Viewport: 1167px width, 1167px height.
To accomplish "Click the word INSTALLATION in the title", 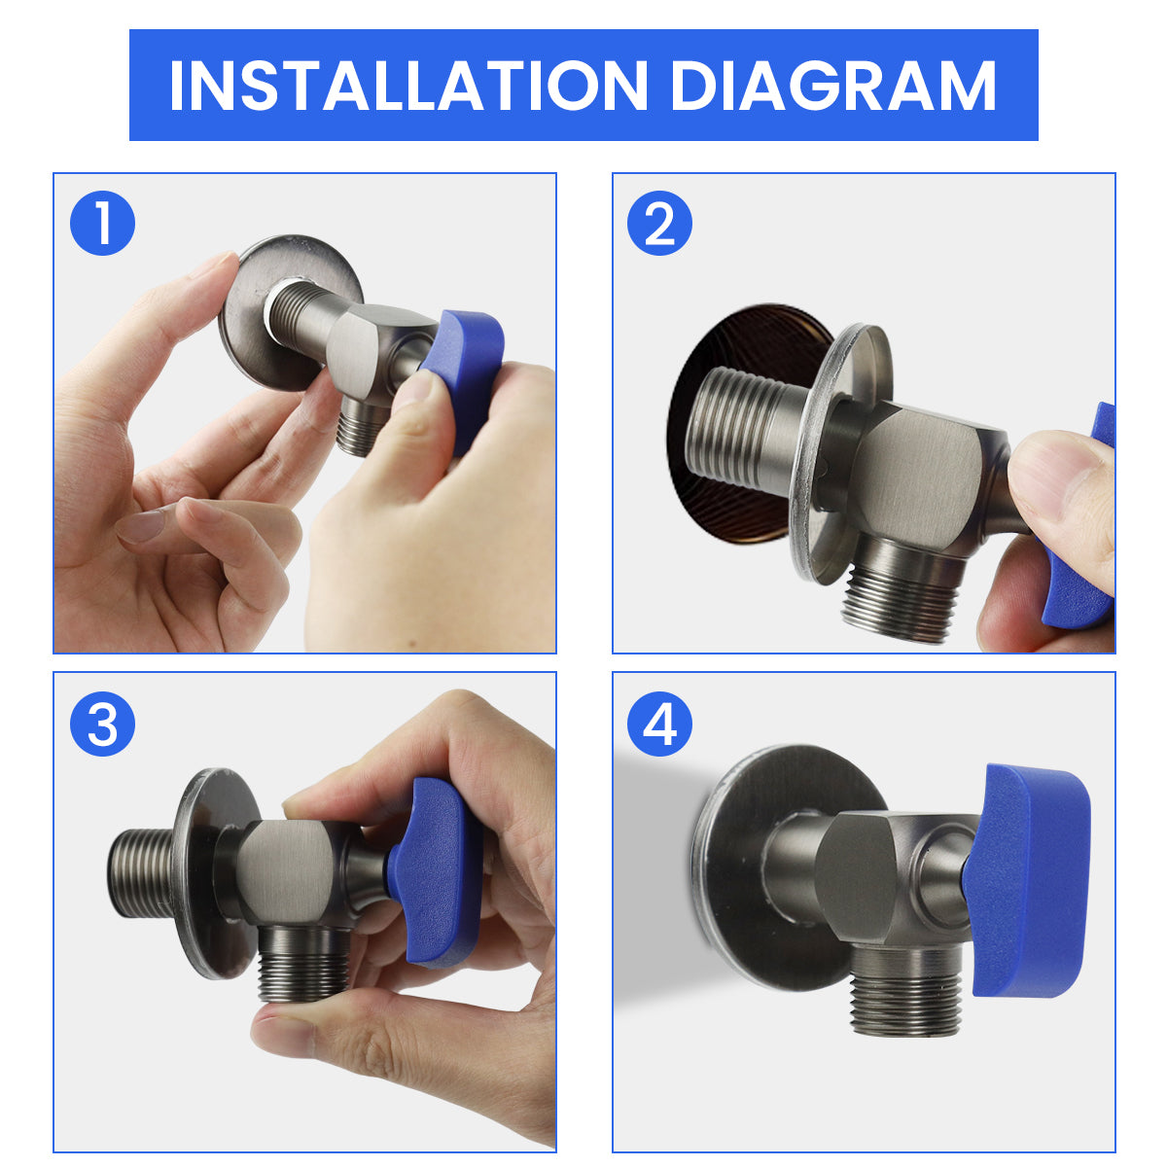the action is click(408, 86).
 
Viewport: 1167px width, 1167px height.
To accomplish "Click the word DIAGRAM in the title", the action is click(832, 86).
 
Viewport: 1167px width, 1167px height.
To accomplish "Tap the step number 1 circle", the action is click(102, 223).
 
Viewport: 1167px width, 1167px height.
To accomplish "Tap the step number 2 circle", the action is click(659, 223).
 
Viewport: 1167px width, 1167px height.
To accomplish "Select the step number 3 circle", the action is click(102, 724).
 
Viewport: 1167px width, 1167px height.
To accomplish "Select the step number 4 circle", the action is click(659, 724).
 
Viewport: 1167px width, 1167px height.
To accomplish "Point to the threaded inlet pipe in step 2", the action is click(750, 427).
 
